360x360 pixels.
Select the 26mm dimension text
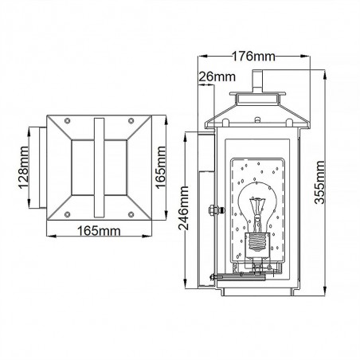(x=217, y=77)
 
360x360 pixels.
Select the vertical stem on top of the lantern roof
(x=256, y=82)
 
